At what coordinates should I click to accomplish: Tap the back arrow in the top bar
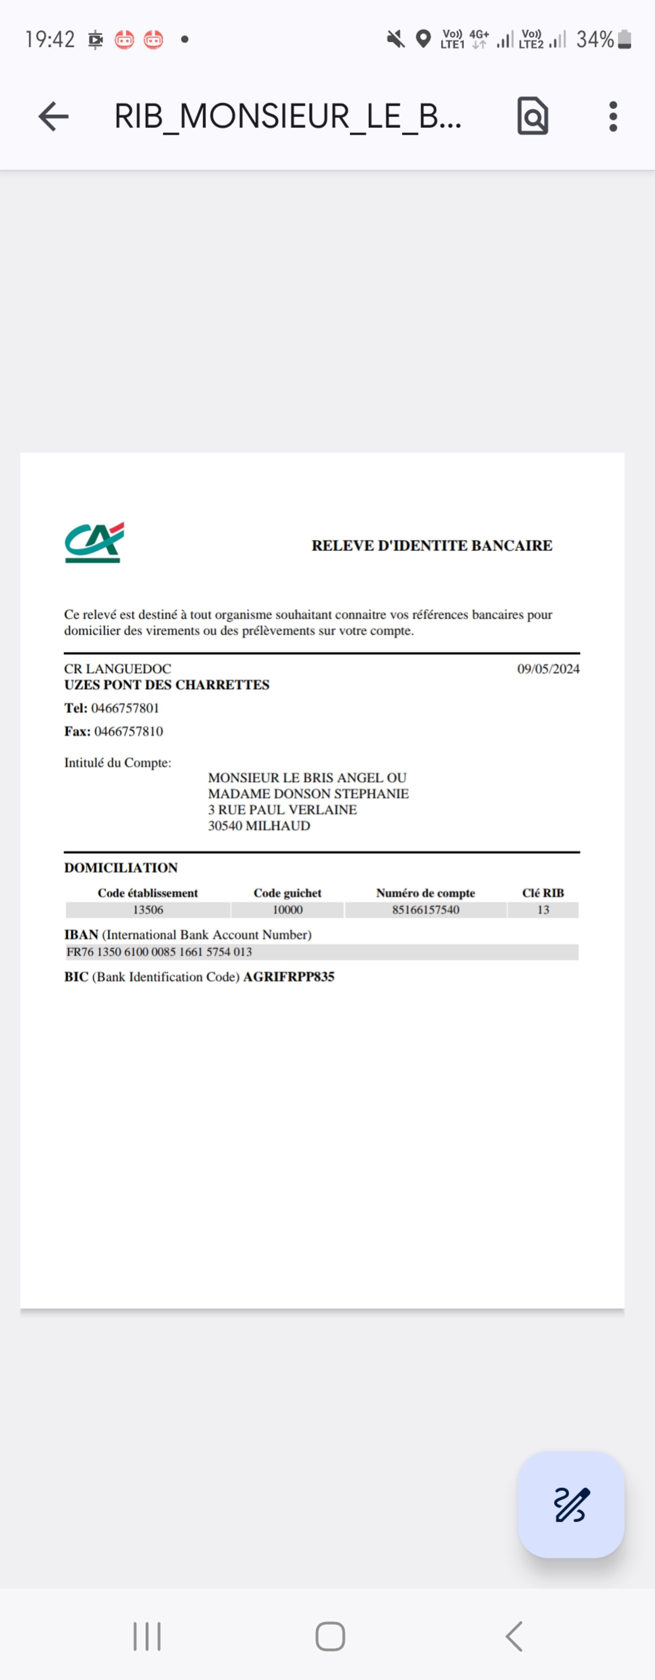click(x=53, y=117)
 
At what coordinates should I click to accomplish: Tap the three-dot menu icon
click(x=613, y=117)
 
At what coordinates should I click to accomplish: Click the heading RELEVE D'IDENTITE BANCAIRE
click(x=431, y=545)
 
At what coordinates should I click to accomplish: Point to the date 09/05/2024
click(x=548, y=669)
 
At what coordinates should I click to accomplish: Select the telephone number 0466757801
click(x=125, y=708)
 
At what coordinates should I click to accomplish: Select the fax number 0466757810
click(x=128, y=731)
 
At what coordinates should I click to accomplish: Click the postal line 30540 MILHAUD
click(x=259, y=826)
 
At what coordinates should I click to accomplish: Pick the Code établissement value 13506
click(x=148, y=910)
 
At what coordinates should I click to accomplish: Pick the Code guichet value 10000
click(x=288, y=910)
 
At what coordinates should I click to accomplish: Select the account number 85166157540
click(x=426, y=910)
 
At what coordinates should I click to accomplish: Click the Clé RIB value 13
click(x=543, y=910)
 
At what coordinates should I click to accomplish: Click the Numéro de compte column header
click(x=426, y=893)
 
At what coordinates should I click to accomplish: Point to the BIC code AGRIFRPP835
click(x=289, y=976)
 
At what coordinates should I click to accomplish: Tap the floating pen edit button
click(x=571, y=1505)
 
